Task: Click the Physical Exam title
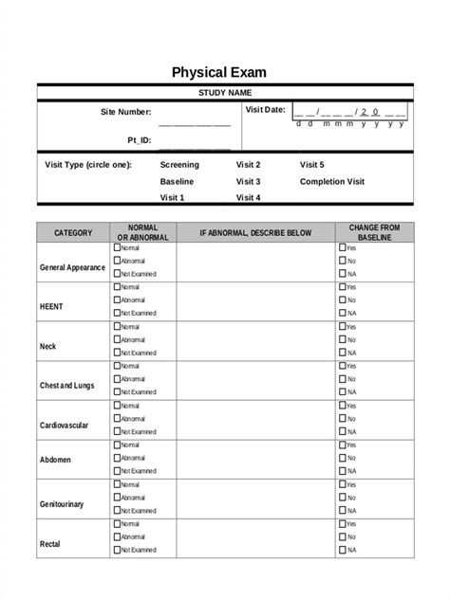click(x=224, y=72)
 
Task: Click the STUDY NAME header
click(x=224, y=92)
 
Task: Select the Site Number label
click(x=126, y=112)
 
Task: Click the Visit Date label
click(x=265, y=110)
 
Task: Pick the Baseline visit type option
click(x=177, y=181)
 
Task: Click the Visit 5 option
click(x=311, y=164)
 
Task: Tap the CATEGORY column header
click(x=73, y=232)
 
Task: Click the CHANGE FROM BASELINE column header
click(x=375, y=232)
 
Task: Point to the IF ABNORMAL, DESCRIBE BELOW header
click(x=254, y=232)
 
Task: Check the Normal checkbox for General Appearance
click(x=117, y=246)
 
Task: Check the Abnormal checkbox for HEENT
click(x=117, y=299)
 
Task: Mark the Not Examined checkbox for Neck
click(x=117, y=352)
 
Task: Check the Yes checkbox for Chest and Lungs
click(x=343, y=365)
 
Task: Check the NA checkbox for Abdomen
click(x=343, y=470)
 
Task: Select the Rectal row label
click(x=50, y=544)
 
